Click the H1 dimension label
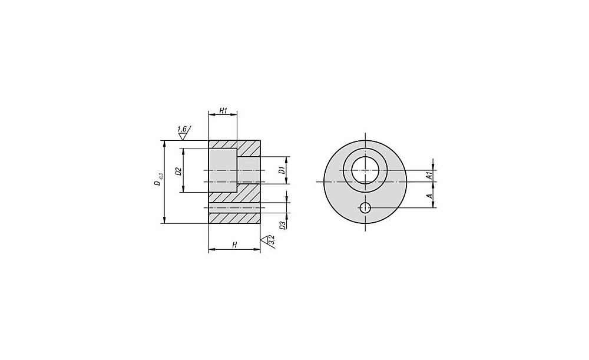tap(223, 111)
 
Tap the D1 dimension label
tap(281, 170)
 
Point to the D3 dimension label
tap(283, 224)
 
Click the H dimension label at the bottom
tap(234, 245)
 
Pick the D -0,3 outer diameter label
tap(158, 180)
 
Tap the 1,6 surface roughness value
tap(182, 129)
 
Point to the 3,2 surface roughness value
tap(272, 240)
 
